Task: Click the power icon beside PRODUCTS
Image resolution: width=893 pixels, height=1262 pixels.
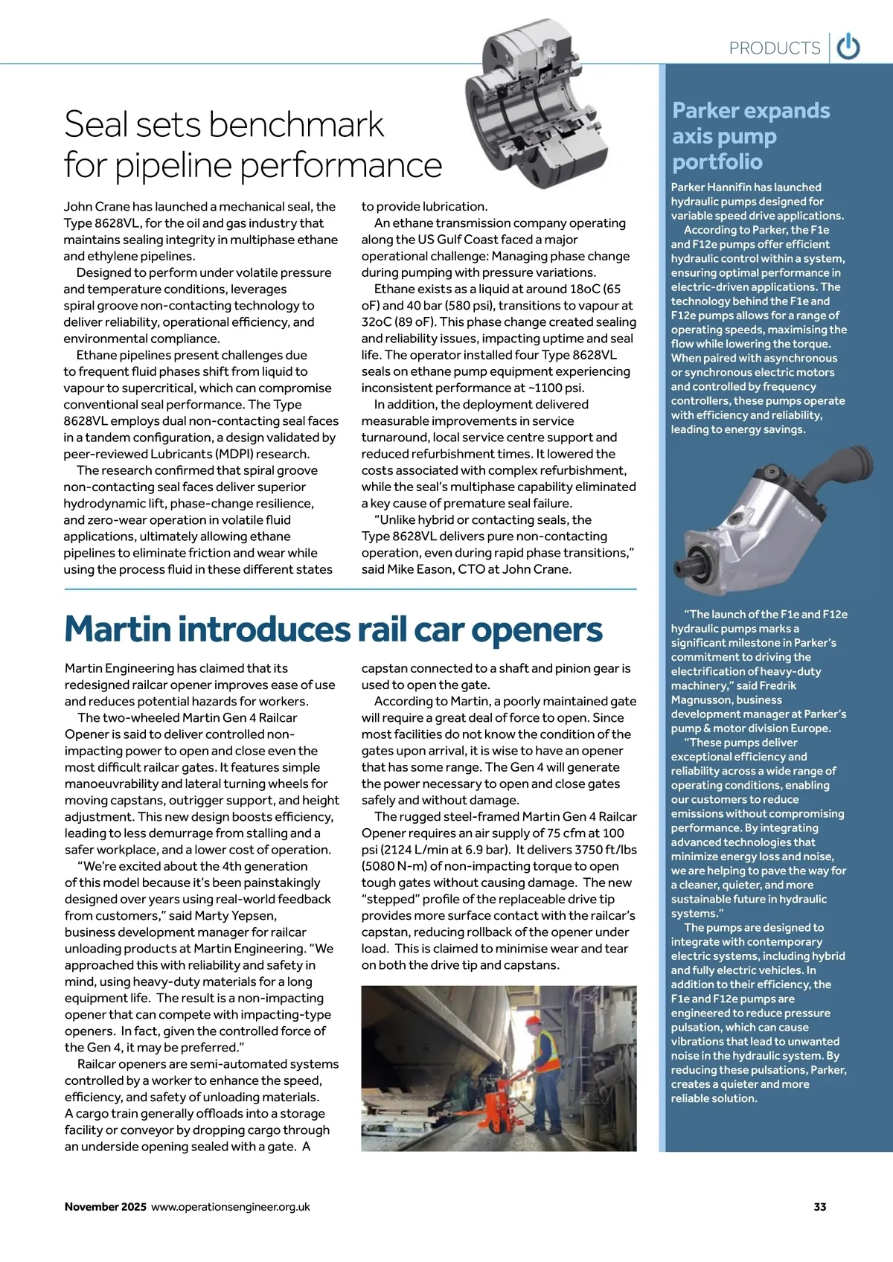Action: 848,48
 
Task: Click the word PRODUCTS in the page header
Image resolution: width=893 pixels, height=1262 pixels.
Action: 774,48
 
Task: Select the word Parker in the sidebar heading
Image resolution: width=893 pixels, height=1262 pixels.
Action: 707,111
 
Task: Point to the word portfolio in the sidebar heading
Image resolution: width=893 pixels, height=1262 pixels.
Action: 717,161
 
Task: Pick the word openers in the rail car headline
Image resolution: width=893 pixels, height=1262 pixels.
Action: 537,630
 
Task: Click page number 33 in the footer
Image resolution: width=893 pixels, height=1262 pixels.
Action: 819,1206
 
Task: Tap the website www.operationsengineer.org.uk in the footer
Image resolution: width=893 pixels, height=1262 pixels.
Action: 231,1206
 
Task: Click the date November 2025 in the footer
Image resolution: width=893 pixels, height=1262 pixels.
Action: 105,1206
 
